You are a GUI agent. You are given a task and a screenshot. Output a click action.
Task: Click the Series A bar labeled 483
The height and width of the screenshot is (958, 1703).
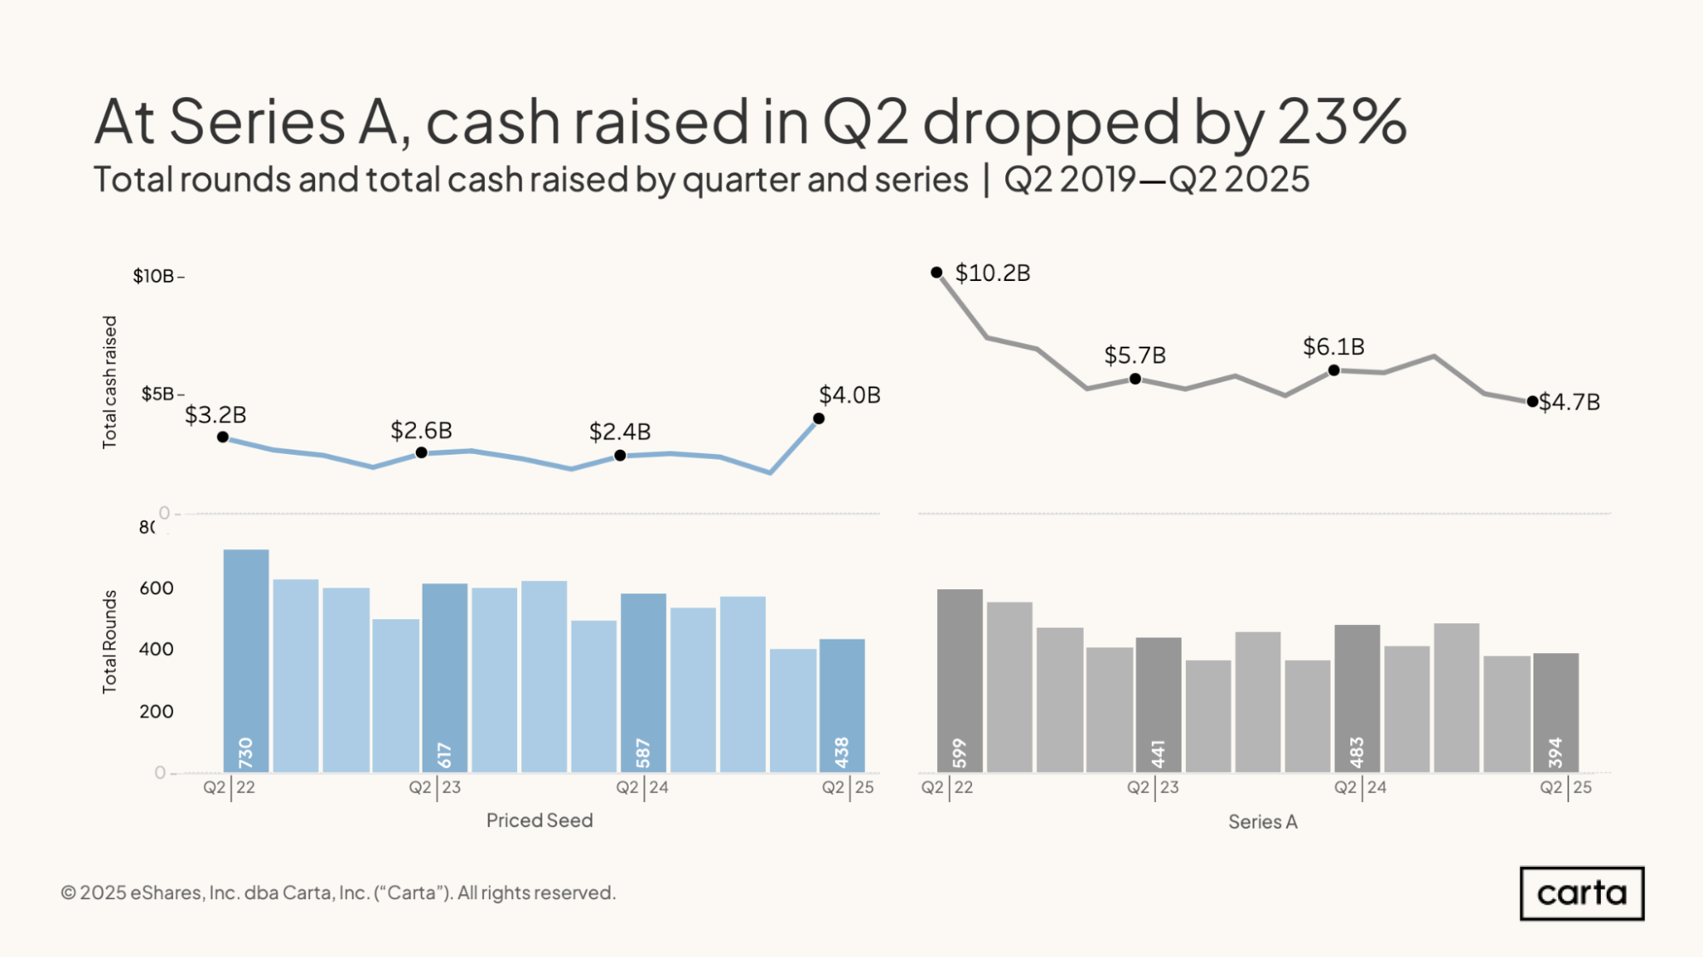tap(1356, 697)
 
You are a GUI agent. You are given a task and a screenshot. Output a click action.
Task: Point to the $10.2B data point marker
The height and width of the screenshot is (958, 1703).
tap(936, 272)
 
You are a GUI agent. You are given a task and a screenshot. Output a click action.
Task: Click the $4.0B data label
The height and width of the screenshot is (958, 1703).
tap(849, 395)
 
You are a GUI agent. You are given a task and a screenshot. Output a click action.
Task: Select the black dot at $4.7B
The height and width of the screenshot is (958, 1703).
tap(1532, 401)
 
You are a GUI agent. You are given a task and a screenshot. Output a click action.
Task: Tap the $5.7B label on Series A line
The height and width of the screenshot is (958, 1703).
tap(1135, 355)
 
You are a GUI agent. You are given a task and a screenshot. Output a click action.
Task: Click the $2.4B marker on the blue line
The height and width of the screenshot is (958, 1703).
tap(620, 456)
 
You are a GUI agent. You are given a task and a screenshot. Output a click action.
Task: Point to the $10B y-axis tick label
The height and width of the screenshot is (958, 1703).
tap(153, 276)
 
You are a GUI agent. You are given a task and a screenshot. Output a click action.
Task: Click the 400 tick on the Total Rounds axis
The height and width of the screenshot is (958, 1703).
tap(156, 649)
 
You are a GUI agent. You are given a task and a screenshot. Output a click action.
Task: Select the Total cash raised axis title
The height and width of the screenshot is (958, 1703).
tap(109, 382)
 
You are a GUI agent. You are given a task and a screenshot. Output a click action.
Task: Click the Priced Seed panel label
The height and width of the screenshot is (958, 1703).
tap(539, 820)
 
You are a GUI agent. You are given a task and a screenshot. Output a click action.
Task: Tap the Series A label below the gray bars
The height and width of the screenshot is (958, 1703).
tap(1263, 822)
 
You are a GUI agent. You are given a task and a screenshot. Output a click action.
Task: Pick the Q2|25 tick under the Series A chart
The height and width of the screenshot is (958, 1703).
tap(1565, 787)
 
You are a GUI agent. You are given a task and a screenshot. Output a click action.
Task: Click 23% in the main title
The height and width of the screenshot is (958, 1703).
tap(1342, 121)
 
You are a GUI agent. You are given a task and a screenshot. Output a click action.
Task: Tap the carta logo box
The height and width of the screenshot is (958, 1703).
tap(1581, 893)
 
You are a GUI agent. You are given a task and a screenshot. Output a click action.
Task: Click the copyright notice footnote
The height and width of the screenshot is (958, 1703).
tap(338, 892)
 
